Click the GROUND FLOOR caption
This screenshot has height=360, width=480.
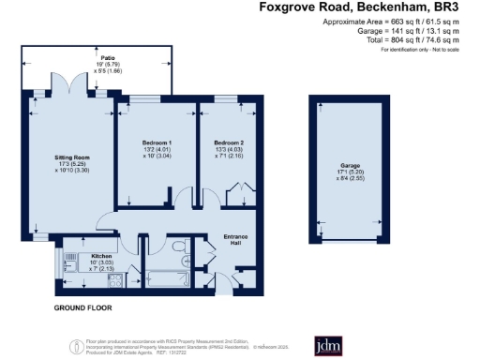coord(82,307)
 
